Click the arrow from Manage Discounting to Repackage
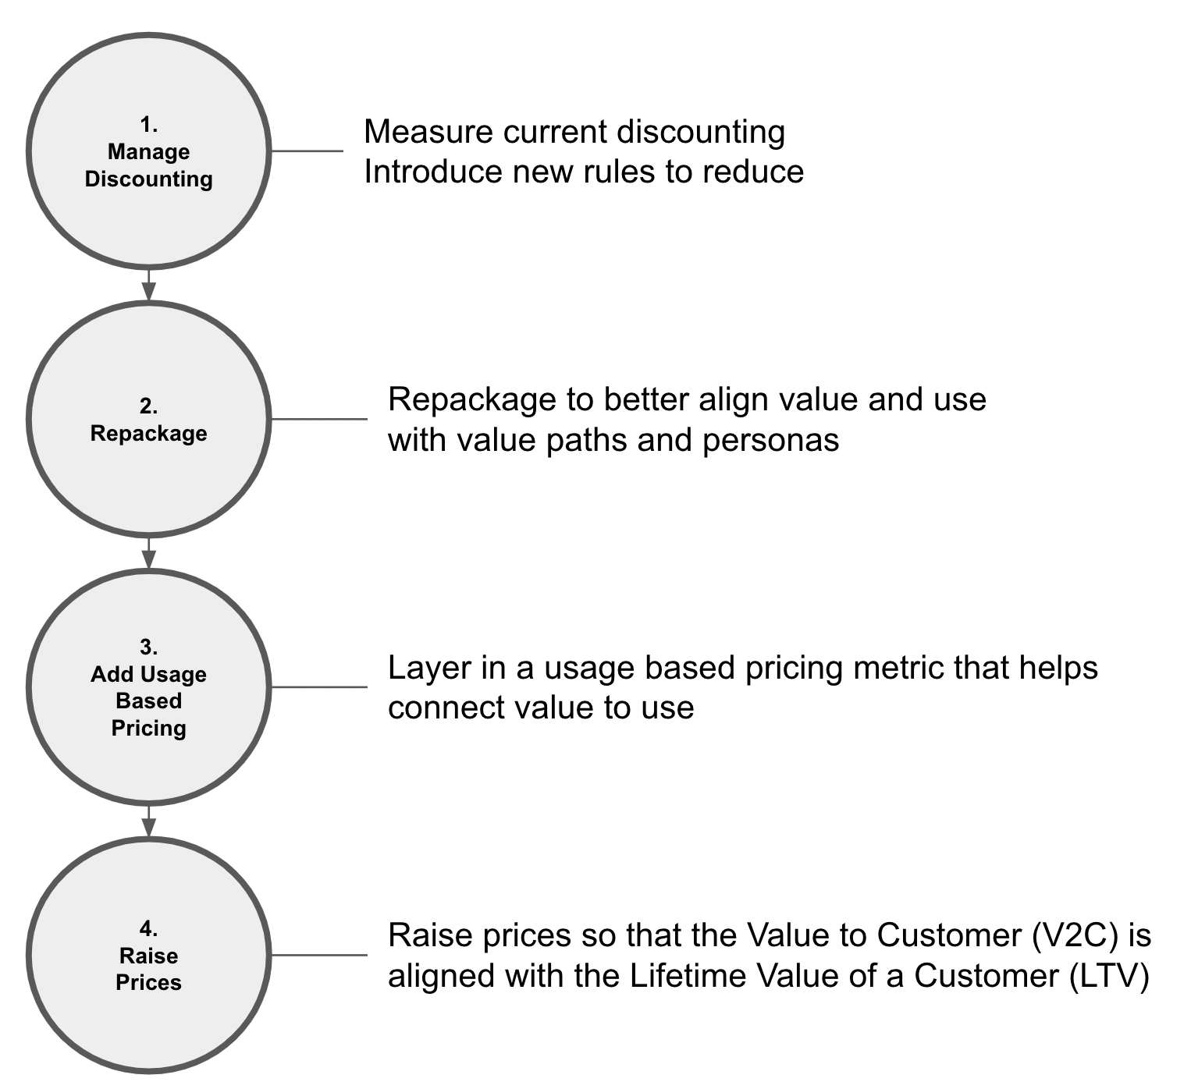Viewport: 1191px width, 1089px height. click(x=148, y=286)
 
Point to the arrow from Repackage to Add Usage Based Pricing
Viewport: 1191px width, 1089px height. click(x=148, y=554)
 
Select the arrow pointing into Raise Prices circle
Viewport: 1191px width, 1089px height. click(x=148, y=821)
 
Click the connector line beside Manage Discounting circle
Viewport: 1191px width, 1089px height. click(x=307, y=151)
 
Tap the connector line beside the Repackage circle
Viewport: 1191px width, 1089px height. click(x=318, y=420)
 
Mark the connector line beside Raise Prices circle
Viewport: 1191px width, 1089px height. click(x=318, y=955)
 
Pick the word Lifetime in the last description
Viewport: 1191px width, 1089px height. click(x=681, y=976)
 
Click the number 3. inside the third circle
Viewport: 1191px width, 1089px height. click(x=148, y=647)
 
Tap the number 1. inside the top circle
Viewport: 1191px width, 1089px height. click(x=148, y=124)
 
